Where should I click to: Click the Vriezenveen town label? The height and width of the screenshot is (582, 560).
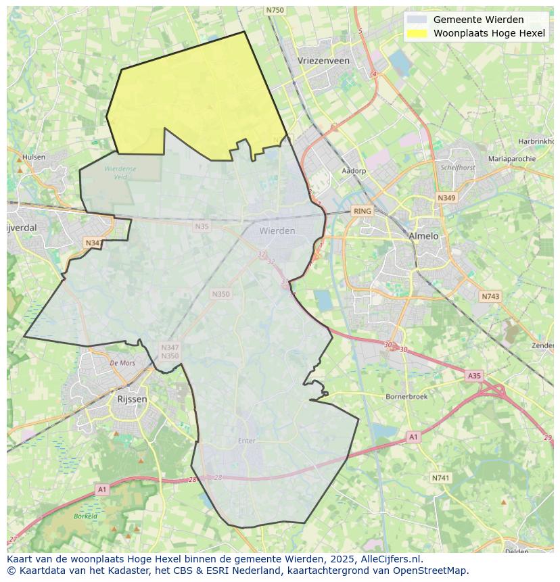tap(324, 60)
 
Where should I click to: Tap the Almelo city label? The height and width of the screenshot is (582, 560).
tap(423, 236)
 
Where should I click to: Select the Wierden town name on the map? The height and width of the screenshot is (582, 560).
tap(277, 231)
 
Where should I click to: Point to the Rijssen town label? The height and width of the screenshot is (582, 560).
tap(132, 399)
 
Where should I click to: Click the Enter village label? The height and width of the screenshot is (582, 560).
tap(247, 441)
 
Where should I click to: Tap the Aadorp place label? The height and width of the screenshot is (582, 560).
tap(354, 171)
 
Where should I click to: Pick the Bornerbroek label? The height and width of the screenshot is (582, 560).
tap(406, 397)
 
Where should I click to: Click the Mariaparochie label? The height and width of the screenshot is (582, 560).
tap(511, 159)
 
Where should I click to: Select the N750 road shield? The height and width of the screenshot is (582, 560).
tap(275, 10)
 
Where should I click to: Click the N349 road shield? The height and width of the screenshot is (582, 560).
tap(446, 198)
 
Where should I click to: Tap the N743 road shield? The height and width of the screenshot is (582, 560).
tap(490, 297)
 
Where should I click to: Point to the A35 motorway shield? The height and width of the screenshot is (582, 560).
tap(474, 375)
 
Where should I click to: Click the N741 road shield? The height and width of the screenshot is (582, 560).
tap(440, 478)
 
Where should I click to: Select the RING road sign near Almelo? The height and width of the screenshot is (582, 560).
tap(363, 211)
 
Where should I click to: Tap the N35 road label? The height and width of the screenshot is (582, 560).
tap(202, 226)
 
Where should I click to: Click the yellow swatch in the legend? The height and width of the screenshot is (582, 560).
tap(417, 33)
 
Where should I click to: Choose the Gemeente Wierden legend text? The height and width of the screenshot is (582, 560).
tap(478, 20)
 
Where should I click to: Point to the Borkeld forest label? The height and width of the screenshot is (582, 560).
tap(85, 516)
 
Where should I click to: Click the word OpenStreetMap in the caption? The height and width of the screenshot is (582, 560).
tap(433, 571)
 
